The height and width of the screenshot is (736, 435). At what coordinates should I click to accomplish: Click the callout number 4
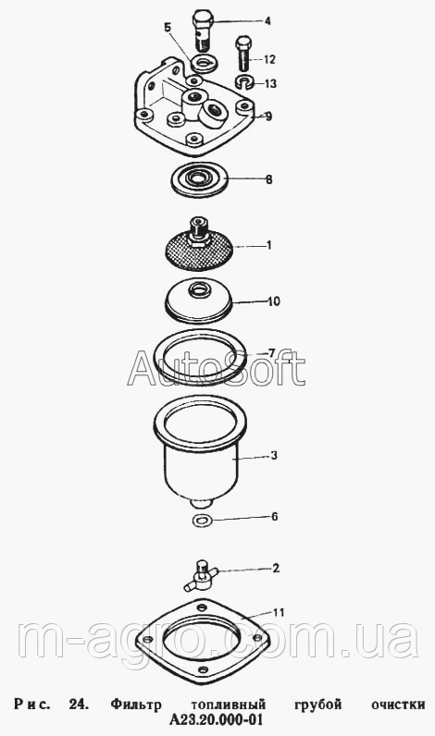(267, 21)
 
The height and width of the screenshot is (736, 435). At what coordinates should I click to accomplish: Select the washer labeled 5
(204, 63)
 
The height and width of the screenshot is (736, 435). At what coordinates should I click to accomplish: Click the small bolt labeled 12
(243, 53)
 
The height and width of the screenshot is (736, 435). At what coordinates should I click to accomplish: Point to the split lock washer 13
(244, 81)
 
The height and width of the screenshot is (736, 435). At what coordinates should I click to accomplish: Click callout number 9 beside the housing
(268, 117)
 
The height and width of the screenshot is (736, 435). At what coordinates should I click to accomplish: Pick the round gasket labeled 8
(198, 179)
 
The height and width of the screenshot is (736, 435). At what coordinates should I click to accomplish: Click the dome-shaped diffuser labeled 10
(199, 301)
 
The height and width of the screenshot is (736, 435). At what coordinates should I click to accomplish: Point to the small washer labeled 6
(203, 520)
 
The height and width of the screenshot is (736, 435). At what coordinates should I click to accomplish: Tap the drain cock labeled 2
(201, 575)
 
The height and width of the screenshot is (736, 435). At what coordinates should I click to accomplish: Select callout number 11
(279, 612)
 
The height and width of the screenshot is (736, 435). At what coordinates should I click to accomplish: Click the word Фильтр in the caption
(136, 705)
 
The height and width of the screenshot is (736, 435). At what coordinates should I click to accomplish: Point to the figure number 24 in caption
(79, 704)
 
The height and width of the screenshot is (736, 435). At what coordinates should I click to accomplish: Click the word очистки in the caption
(398, 704)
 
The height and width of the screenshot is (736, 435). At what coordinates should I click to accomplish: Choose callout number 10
(273, 301)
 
